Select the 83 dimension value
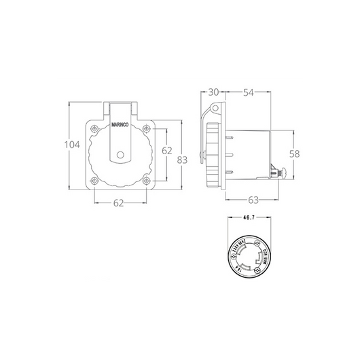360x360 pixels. tap(182, 161)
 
